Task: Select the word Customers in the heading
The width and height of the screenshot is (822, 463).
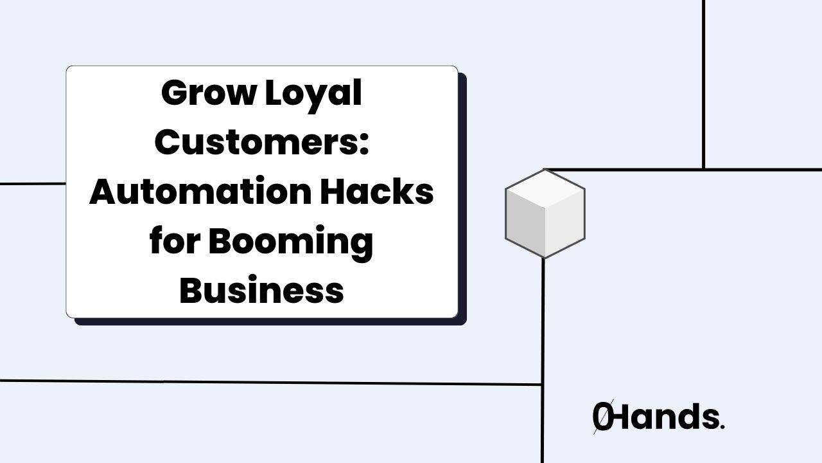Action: coord(256,142)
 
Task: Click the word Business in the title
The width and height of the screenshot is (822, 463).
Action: coord(261,290)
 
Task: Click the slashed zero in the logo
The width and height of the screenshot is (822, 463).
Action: coord(602,417)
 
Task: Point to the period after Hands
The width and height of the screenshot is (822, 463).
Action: coord(722,427)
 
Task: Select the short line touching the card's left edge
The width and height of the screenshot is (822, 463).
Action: coord(32,184)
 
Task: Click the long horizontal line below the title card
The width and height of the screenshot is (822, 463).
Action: coord(270,383)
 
